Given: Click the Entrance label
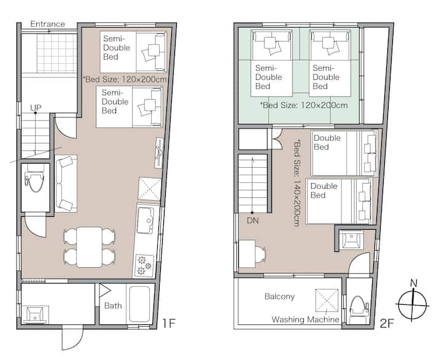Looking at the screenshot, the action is tap(48, 24).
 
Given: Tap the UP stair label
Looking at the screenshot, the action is tap(36, 108).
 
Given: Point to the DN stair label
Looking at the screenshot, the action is tap(252, 221).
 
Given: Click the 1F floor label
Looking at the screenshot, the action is tap(169, 323).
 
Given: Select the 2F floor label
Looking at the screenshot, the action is tap(387, 323).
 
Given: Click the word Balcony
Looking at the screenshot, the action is tap(280, 296).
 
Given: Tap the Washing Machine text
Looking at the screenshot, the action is tap(305, 319).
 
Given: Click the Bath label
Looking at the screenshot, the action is tap(113, 305).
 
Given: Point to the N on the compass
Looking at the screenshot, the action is tap(414, 283).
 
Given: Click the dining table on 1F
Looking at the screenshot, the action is tap(90, 247).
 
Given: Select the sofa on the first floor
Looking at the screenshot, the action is tap(66, 184).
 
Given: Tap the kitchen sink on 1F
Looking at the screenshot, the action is tap(145, 221).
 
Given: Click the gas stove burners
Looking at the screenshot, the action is tap(144, 265).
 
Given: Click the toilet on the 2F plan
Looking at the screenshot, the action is tap(359, 308).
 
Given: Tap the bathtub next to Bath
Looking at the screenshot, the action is tap(139, 304).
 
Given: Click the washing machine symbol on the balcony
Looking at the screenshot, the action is tap(327, 300).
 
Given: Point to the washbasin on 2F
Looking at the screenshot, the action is tap(351, 240).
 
